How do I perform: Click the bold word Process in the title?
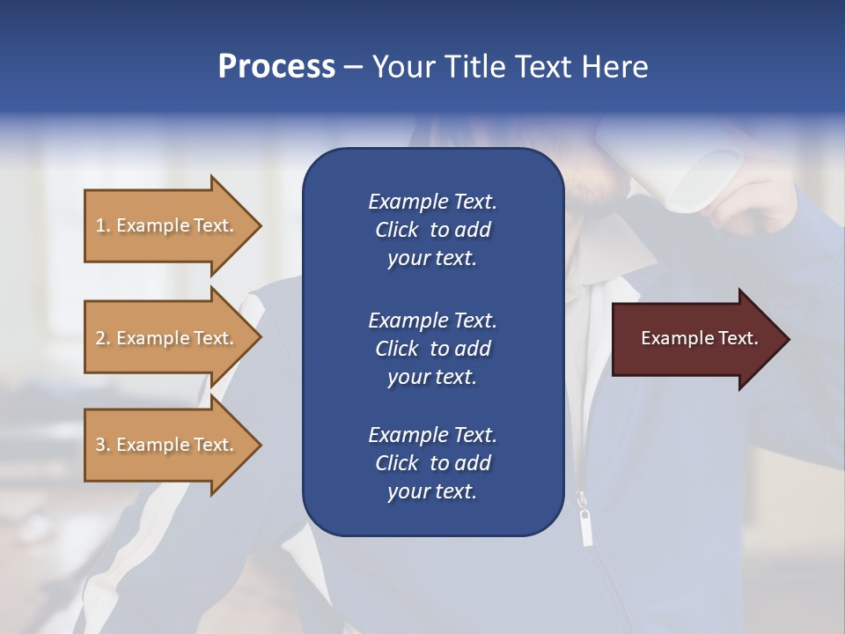[276, 67]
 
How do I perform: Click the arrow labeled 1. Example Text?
[167, 225]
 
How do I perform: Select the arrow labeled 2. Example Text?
[167, 338]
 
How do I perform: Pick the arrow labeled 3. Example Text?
[167, 445]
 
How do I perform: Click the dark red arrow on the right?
[695, 339]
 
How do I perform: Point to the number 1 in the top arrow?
[100, 225]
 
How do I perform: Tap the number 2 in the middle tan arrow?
[100, 338]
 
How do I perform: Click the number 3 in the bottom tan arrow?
[100, 445]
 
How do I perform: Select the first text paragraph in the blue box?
[432, 230]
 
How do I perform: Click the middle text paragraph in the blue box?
[432, 349]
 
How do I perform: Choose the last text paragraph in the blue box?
[432, 463]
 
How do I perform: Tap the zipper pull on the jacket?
[584, 527]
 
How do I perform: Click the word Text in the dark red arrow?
[738, 338]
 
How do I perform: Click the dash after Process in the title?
[354, 68]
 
